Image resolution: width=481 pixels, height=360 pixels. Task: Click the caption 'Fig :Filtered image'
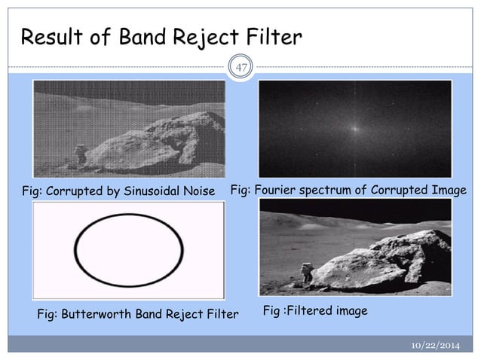(x=314, y=310)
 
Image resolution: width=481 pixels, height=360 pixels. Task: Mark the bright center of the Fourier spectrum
(x=354, y=128)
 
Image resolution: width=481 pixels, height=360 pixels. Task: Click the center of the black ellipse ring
(x=128, y=250)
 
